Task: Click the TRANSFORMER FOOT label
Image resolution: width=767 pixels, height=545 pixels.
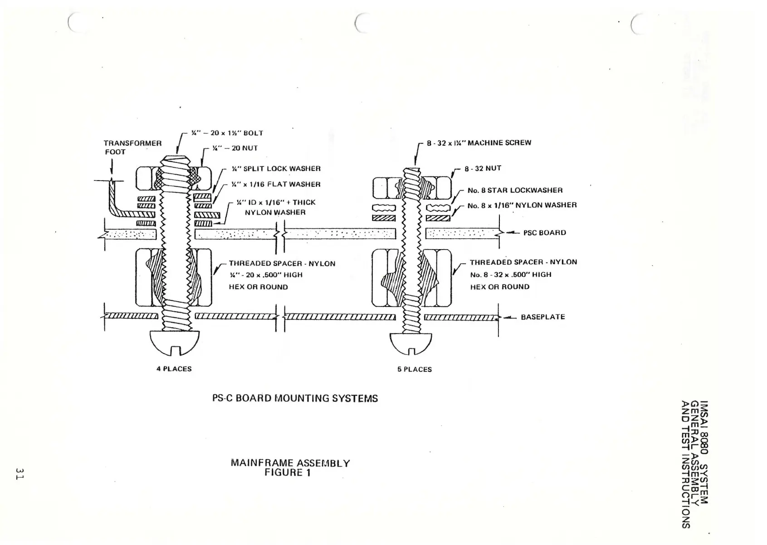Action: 132,147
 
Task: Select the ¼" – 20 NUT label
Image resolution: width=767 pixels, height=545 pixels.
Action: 235,148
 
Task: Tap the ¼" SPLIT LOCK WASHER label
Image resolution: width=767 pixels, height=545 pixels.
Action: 276,169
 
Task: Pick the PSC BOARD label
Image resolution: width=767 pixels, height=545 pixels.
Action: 544,233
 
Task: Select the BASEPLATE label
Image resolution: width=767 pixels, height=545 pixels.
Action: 542,317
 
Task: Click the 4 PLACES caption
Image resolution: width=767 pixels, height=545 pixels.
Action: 174,369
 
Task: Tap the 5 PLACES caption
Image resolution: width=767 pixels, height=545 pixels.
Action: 414,369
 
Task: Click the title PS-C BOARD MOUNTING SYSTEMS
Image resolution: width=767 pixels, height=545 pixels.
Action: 295,398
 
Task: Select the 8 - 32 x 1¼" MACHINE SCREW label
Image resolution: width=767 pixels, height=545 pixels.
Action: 479,142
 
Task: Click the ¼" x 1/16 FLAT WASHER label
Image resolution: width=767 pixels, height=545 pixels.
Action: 276,184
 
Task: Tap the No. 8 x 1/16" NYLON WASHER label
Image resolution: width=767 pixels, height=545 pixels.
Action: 522,205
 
